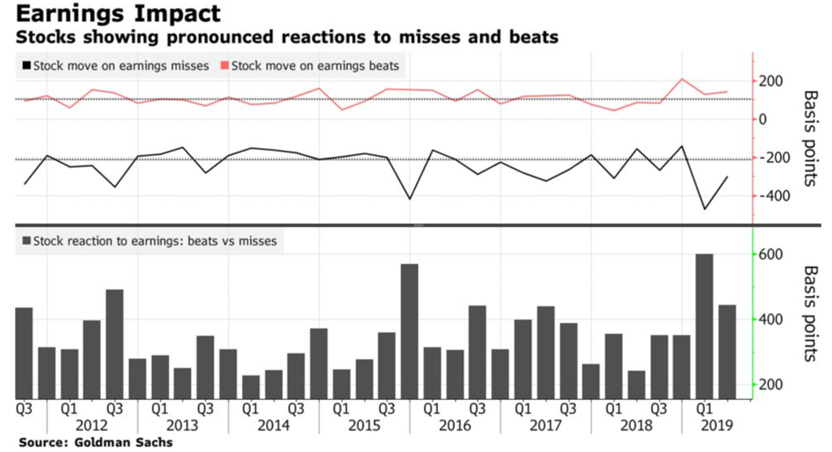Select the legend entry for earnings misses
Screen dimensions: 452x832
[117, 65]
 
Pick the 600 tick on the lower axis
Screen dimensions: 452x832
[771, 254]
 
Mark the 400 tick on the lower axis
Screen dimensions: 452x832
[771, 319]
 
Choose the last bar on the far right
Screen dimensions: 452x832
[727, 349]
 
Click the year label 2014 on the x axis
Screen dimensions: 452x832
[274, 424]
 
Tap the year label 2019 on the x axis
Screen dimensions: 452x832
[716, 424]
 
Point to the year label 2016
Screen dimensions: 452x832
[455, 424]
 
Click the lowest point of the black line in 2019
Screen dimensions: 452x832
[704, 209]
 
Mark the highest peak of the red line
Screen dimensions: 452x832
[682, 79]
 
